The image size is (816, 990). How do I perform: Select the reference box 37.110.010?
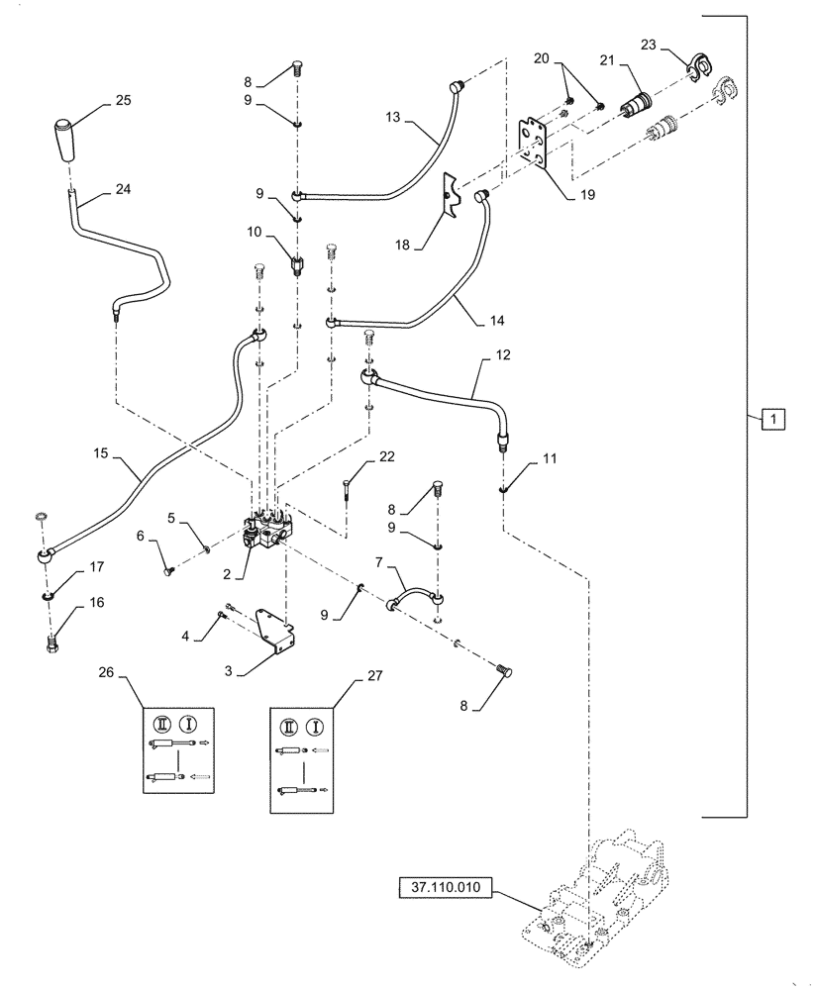[x=450, y=890]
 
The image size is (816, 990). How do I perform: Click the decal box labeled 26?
[x=180, y=749]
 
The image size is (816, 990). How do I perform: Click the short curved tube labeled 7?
[x=413, y=602]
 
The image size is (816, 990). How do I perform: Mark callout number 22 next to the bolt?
[x=386, y=456]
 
